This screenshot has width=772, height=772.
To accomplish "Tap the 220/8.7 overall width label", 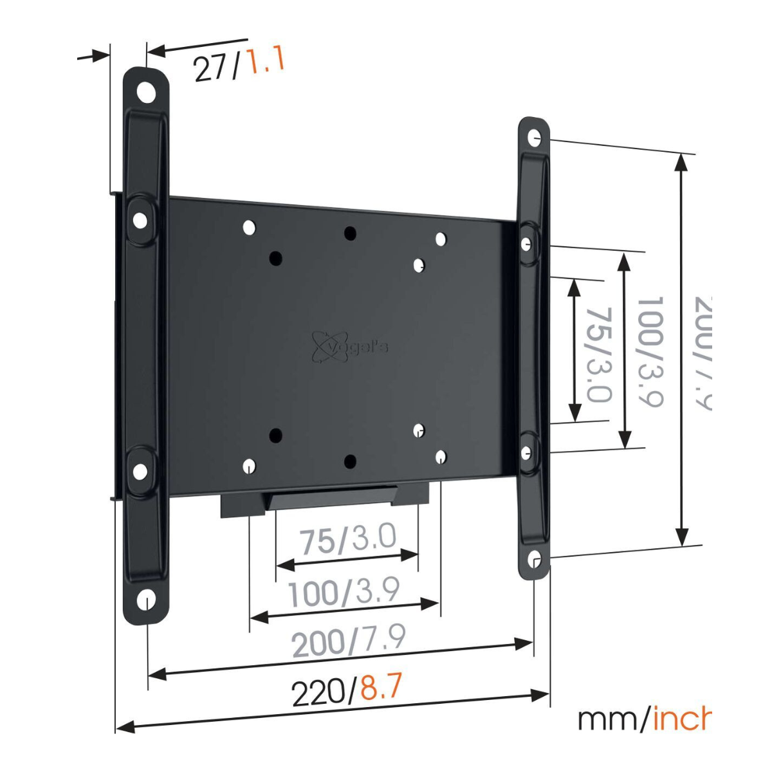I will [x=347, y=691].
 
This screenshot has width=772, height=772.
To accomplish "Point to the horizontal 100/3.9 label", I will [x=344, y=591].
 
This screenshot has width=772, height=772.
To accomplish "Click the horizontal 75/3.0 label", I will [x=347, y=540].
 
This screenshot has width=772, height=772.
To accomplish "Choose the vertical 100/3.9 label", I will [x=648, y=351].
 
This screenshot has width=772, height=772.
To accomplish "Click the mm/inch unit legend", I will [x=643, y=719].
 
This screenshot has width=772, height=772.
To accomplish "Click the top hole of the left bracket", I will [x=147, y=91].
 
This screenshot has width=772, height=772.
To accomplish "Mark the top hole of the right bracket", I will [x=535, y=136].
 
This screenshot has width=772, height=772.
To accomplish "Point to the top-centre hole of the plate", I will [x=350, y=234].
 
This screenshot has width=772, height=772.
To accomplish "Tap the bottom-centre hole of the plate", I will [x=350, y=460].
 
